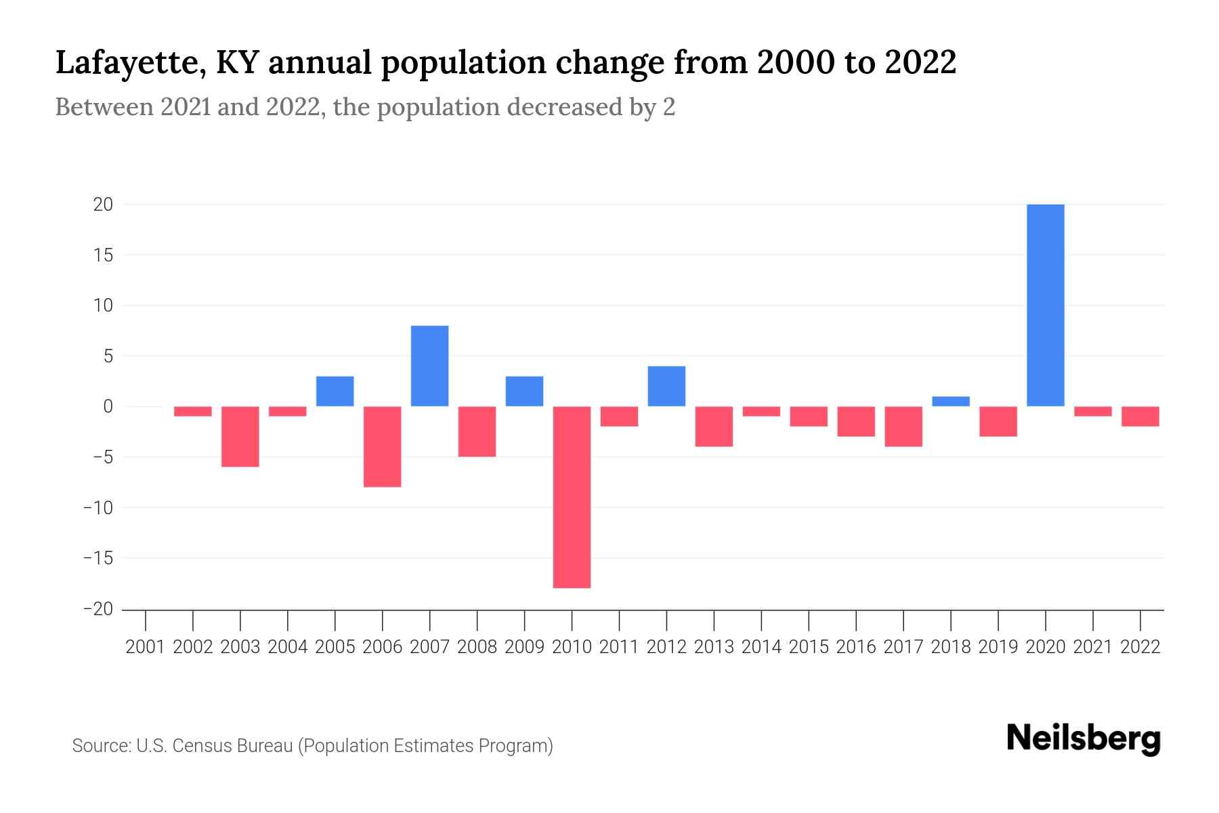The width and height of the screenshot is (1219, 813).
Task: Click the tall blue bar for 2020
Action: tap(1046, 305)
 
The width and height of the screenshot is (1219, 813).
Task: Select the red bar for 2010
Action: tap(572, 497)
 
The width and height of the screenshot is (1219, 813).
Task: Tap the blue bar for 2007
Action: tap(430, 366)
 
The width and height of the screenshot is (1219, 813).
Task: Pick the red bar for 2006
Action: tap(383, 446)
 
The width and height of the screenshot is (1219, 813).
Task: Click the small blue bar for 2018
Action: tap(951, 401)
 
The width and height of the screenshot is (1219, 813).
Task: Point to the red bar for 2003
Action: tap(240, 436)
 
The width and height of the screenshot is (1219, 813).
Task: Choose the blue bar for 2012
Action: tap(666, 386)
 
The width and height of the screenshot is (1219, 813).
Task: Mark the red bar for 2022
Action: tap(1140, 416)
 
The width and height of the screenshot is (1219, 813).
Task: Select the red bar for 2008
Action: tap(477, 432)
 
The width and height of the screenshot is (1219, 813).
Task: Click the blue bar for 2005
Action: tap(335, 391)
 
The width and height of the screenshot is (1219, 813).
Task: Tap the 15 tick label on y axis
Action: tap(103, 255)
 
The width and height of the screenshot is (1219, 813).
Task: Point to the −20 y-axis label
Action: tap(98, 609)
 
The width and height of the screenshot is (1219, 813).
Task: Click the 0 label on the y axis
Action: tap(108, 406)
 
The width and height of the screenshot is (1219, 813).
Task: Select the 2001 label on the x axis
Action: tap(146, 647)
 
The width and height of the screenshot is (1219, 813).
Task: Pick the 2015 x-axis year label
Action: tap(809, 647)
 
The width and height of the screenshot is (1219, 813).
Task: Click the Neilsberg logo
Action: tap(1084, 738)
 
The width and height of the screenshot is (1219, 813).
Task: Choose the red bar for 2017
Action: tap(903, 426)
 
